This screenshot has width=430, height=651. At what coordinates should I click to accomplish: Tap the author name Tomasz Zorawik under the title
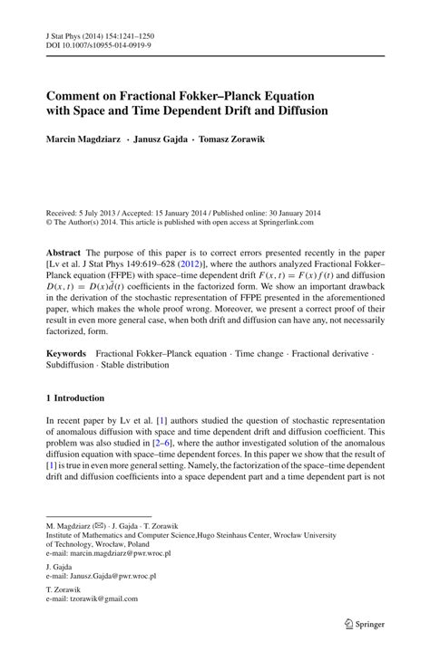(x=240, y=139)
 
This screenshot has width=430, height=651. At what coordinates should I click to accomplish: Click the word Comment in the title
(x=77, y=94)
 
